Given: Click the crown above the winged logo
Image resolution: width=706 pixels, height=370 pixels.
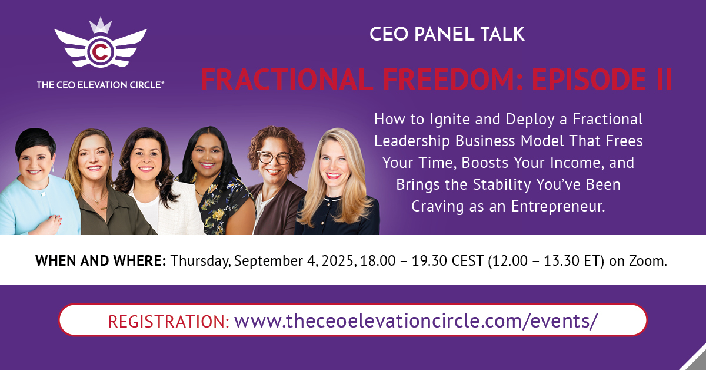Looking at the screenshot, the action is pos(101,25).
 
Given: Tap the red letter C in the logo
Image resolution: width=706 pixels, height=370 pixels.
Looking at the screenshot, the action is pos(101,52).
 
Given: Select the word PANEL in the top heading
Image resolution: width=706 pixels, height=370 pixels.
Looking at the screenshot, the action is pos(444,34).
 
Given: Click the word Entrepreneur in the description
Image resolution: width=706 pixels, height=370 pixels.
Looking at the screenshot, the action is pos(558,207).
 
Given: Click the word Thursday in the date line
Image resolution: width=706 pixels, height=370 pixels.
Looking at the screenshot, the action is pos(201,261).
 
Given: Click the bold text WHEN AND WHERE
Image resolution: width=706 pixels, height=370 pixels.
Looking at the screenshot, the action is pos(101,261).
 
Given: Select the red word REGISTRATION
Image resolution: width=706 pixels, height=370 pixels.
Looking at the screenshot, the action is pos(169,321).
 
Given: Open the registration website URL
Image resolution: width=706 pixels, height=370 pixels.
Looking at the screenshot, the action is pos(416,321).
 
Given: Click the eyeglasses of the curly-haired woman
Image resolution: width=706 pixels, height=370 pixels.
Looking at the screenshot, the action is pos(274,157).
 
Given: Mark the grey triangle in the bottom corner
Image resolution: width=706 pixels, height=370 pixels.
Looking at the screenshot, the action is pos(697,361).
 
